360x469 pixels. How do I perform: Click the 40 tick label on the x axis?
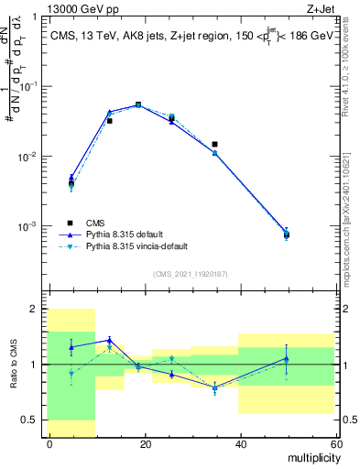point(240,443)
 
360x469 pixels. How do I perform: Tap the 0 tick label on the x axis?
point(49,443)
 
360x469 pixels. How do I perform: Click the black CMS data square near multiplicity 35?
point(214,144)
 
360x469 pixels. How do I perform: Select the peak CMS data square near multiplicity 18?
point(138,104)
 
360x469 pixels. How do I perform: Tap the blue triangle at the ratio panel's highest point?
point(109,340)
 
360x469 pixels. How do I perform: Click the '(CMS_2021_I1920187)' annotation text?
point(191,274)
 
